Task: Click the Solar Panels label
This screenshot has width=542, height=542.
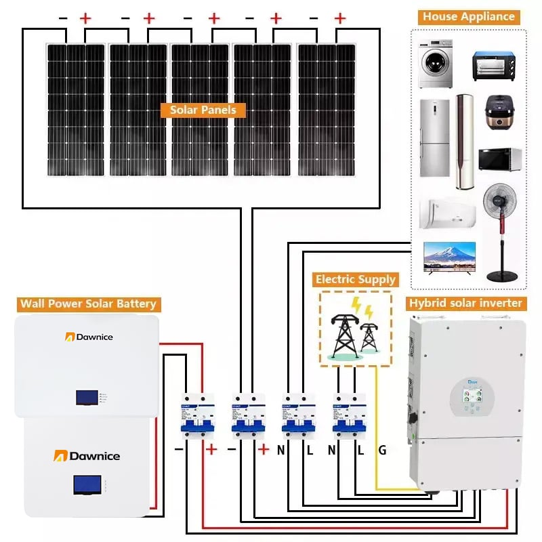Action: click(203, 110)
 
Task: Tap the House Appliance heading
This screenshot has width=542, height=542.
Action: click(469, 17)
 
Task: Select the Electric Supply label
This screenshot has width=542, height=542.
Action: click(355, 279)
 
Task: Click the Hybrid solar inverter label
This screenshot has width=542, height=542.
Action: click(465, 303)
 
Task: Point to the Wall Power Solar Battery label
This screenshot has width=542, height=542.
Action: click(88, 304)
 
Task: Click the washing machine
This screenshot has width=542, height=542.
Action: click(434, 66)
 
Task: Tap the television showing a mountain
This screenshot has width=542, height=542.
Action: click(449, 257)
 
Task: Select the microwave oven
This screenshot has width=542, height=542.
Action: click(500, 159)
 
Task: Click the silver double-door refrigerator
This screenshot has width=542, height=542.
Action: click(434, 139)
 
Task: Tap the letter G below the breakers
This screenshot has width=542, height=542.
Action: click(382, 450)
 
